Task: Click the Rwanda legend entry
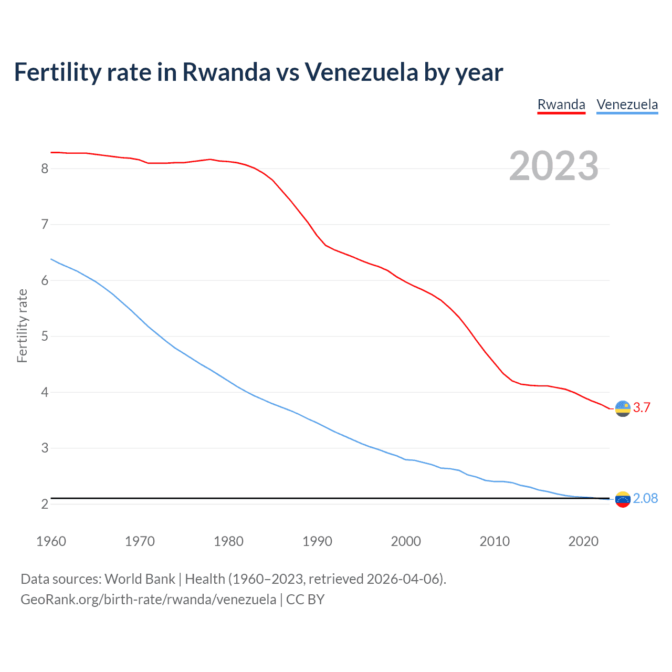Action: click(x=561, y=104)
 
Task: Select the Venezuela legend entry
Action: click(x=627, y=104)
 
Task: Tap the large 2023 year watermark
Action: click(x=553, y=166)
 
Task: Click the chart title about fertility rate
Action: click(x=258, y=72)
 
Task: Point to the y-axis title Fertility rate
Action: click(x=22, y=325)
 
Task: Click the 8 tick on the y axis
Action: click(x=45, y=169)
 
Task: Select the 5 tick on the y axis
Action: click(x=45, y=336)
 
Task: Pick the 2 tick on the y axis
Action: click(x=45, y=504)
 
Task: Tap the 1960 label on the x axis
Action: click(x=51, y=541)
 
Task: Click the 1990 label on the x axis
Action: click(x=317, y=541)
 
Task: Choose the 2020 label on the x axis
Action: click(x=583, y=541)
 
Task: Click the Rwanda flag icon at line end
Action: click(x=623, y=408)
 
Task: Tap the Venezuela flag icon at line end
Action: click(x=623, y=499)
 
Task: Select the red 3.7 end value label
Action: click(x=642, y=407)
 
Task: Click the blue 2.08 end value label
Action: click(x=645, y=498)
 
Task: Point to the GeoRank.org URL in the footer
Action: click(x=149, y=600)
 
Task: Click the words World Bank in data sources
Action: click(x=140, y=579)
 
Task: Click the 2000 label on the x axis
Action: click(x=406, y=541)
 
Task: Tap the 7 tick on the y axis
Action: click(x=45, y=225)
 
